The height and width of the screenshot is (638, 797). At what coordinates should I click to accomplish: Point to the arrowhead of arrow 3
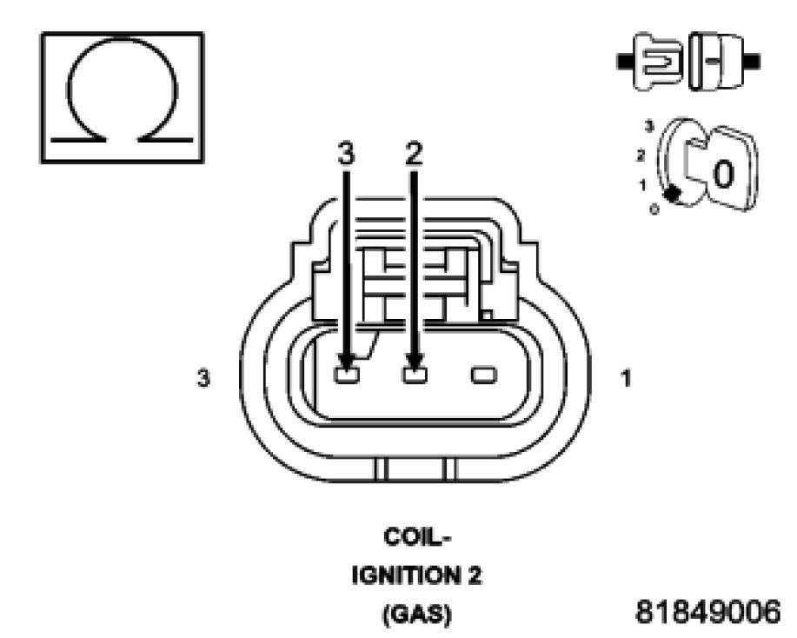pyautogui.click(x=347, y=362)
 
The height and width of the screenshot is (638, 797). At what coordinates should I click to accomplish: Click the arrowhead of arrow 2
pyautogui.click(x=415, y=362)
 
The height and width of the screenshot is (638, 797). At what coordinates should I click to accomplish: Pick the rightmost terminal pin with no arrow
pyautogui.click(x=482, y=375)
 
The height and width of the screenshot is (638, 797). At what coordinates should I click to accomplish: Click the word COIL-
pyautogui.click(x=414, y=537)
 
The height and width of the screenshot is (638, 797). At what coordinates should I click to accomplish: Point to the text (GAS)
pyautogui.click(x=414, y=615)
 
